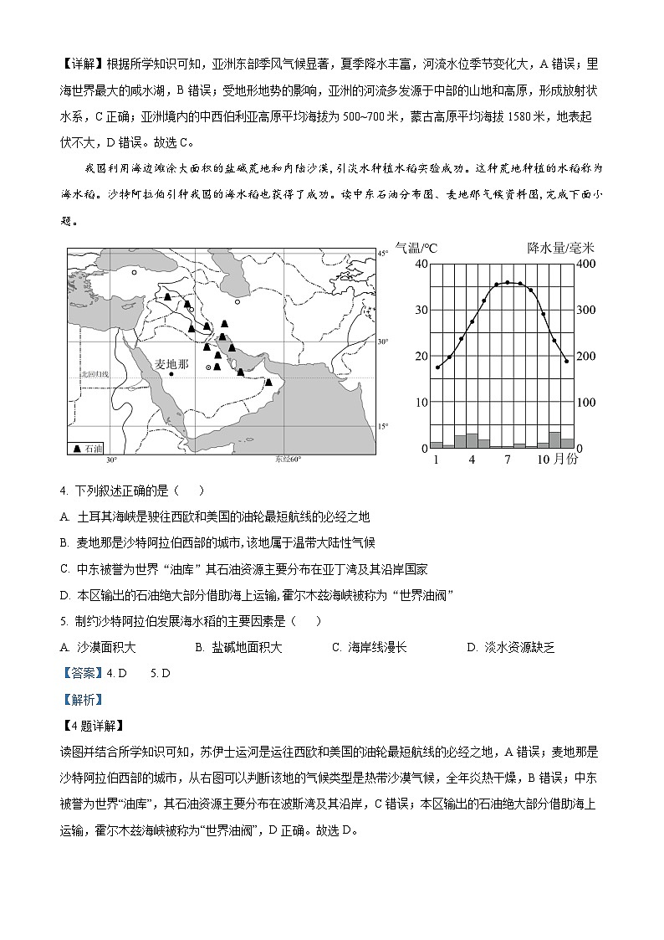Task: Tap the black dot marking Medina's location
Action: [x=171, y=374]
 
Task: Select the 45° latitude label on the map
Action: [x=383, y=253]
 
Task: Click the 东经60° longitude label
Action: [x=287, y=460]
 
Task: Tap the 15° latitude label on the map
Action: [x=383, y=426]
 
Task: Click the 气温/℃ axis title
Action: [x=416, y=248]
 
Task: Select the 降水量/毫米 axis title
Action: [x=560, y=248]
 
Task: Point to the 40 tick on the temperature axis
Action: [x=421, y=265]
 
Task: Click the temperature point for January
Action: [x=437, y=367]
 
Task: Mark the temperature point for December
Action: [x=566, y=361]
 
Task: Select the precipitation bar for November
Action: [x=554, y=440]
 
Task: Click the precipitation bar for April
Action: [x=472, y=441]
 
